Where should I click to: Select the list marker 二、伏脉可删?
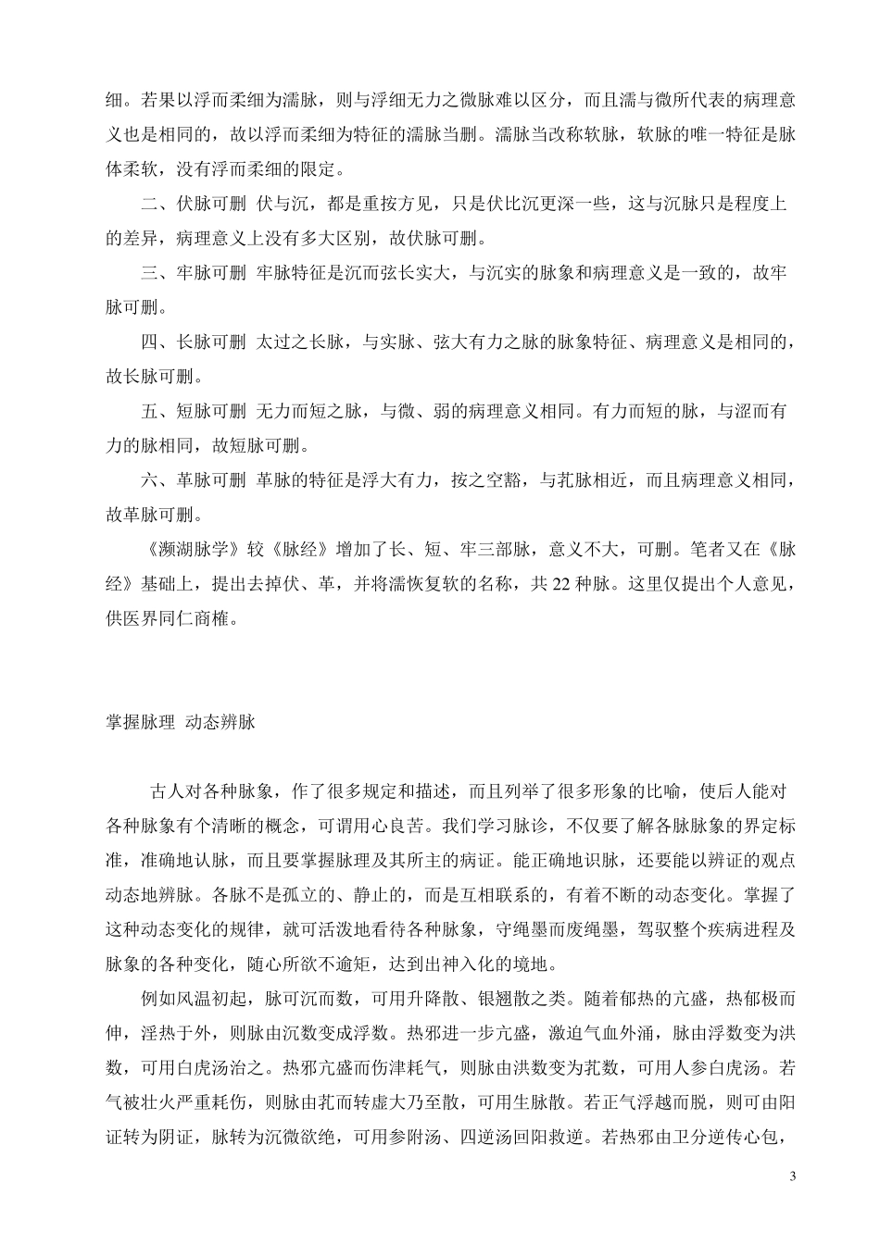click(194, 204)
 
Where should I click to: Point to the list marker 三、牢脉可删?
click(194, 272)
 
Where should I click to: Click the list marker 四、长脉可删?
click(194, 342)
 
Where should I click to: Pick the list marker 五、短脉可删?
click(194, 411)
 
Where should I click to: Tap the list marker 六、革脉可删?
click(194, 479)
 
